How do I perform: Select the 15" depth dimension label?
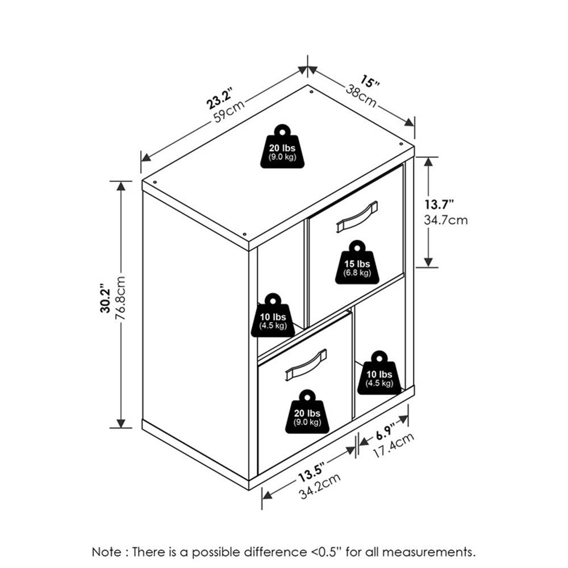(x=370, y=81)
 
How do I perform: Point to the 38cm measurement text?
(x=361, y=95)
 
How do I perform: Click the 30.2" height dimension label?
(x=106, y=298)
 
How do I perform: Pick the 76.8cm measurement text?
(x=120, y=298)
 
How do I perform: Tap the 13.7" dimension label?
(x=439, y=204)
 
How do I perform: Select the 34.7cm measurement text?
(x=445, y=220)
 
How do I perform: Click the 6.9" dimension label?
(x=385, y=432)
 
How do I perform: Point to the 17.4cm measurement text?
(x=394, y=445)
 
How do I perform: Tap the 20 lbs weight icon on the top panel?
(x=282, y=147)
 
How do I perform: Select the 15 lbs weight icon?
(x=357, y=262)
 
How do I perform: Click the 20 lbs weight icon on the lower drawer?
(x=307, y=411)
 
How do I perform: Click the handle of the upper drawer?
(x=357, y=216)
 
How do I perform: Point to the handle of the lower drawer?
(x=306, y=365)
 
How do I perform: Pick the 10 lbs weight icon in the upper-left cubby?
(x=273, y=315)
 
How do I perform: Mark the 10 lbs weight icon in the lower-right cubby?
(x=379, y=373)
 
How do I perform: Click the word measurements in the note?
(x=428, y=552)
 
